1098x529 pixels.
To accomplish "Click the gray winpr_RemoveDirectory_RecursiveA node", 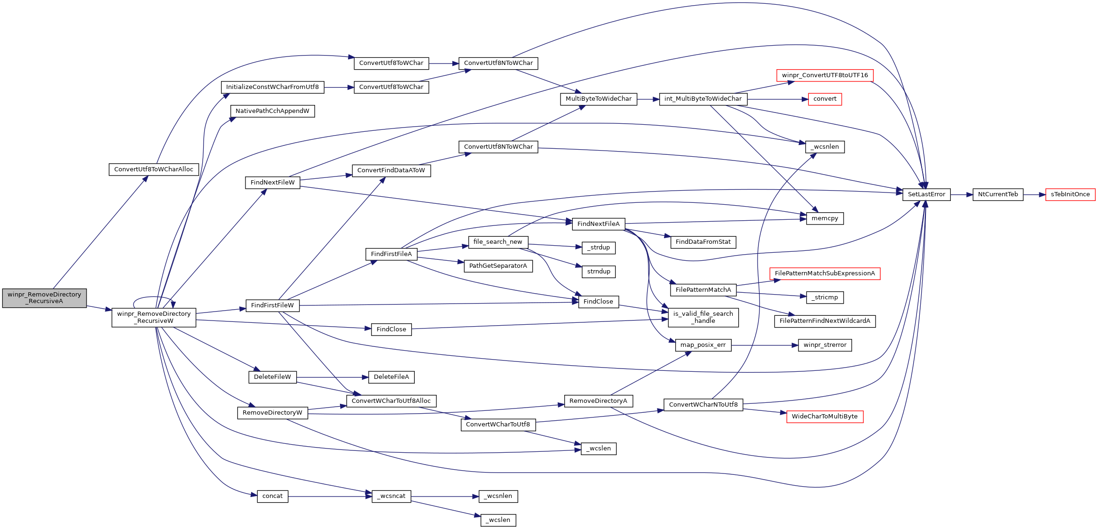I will click(44, 298).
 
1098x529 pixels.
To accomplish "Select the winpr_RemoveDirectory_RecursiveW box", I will click(154, 317).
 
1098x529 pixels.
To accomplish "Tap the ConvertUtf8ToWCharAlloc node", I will click(154, 169).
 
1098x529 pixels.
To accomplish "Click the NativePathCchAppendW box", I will click(272, 111).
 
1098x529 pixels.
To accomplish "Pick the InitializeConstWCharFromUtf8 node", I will click(272, 87).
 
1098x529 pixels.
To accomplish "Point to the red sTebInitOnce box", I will click(1070, 194).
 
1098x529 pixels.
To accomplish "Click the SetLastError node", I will click(926, 194).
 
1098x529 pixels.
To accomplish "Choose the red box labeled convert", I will click(824, 99).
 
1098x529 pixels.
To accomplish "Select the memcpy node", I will click(824, 218).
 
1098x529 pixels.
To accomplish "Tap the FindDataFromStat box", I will click(703, 242).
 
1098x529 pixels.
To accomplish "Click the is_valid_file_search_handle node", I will click(703, 317).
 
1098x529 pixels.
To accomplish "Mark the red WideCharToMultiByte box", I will click(824, 417).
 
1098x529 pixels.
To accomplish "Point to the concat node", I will click(272, 496).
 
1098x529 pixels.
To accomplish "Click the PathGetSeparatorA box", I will click(498, 266).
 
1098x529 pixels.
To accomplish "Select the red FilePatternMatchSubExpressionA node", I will click(824, 273).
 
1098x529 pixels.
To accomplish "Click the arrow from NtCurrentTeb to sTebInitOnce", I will click(1034, 194).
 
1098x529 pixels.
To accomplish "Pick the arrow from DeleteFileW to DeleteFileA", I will click(331, 377).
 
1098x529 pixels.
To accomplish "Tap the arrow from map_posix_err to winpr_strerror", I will click(764, 345).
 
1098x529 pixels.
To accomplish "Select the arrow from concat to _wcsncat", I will click(329, 496).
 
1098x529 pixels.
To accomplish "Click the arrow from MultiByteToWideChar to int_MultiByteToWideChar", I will click(648, 99).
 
